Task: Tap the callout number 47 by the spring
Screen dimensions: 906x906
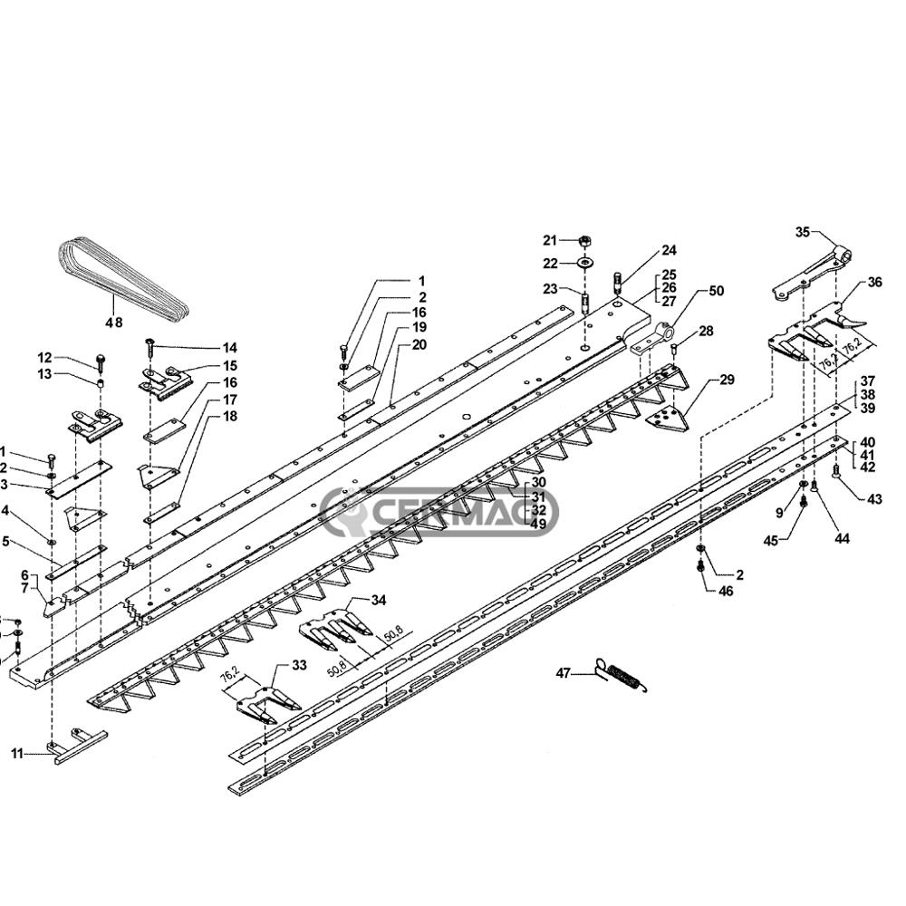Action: (x=564, y=673)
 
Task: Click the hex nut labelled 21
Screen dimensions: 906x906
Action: (x=584, y=241)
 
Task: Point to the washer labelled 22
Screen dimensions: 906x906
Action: (x=584, y=263)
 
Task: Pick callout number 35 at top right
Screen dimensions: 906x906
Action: (x=802, y=233)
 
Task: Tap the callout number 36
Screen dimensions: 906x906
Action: (x=873, y=282)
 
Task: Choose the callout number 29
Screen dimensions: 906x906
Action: (x=727, y=380)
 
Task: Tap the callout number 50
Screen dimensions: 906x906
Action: (x=716, y=291)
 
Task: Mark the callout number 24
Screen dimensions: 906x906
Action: (x=669, y=250)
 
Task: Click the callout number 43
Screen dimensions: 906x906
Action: (x=873, y=499)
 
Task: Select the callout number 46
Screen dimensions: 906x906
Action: (x=726, y=591)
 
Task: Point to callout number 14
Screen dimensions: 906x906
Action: (x=229, y=348)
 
